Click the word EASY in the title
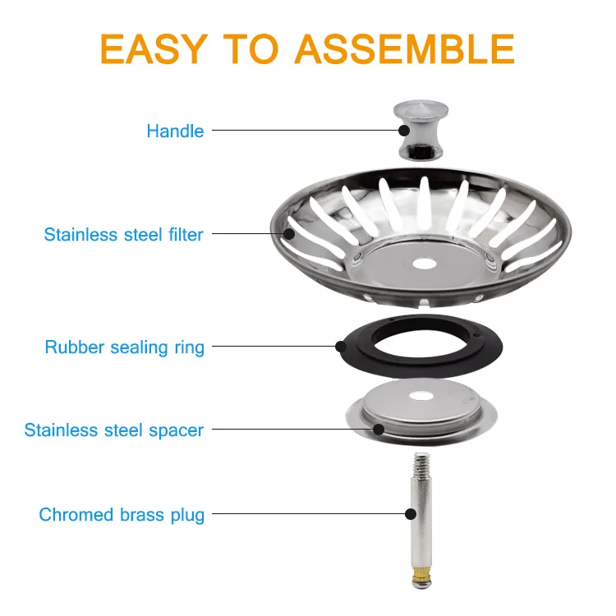pos(154,48)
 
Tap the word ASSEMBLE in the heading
pos(405,48)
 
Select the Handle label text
pos(175,131)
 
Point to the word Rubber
pos(74,347)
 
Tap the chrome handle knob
pos(421,130)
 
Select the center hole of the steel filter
pos(425,264)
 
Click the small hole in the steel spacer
pos(421,397)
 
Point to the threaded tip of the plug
pos(421,463)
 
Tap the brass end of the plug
pos(421,574)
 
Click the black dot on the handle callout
pos(404,131)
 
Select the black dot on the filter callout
pos(289,234)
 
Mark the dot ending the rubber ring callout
pos(341,347)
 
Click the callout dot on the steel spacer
pos(379,430)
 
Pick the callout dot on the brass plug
pos(411,514)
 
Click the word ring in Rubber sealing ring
pos(190,348)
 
